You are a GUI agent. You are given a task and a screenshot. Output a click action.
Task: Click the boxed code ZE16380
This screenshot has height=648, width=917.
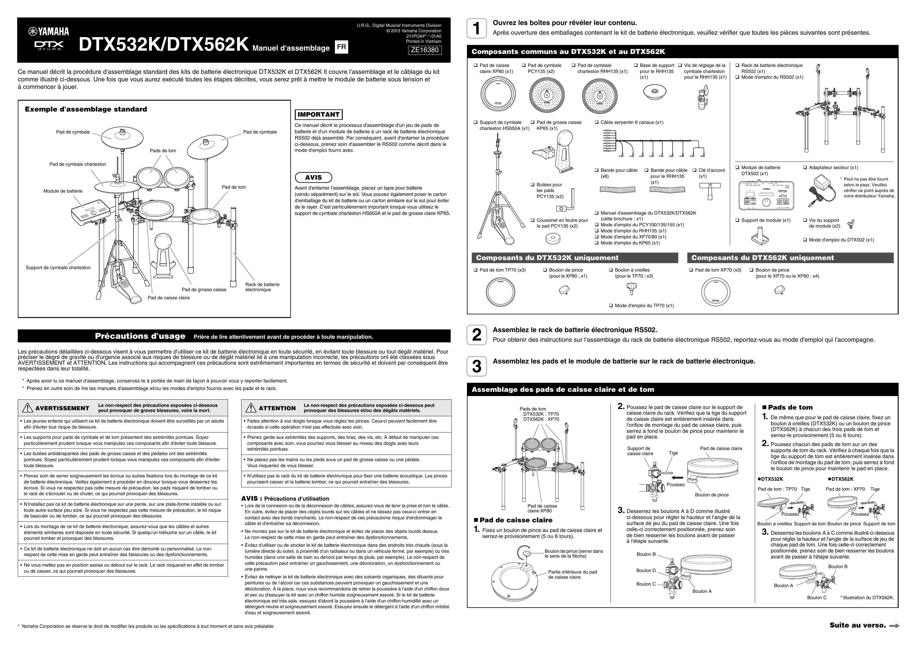(424, 50)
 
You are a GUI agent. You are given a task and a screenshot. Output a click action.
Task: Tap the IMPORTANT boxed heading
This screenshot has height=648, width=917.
(318, 115)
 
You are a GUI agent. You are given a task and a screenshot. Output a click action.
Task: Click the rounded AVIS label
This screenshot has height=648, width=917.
(313, 177)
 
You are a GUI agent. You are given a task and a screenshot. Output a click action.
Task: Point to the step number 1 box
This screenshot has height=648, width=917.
(477, 28)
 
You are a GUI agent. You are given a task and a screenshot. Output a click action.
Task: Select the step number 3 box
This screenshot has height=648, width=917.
(477, 366)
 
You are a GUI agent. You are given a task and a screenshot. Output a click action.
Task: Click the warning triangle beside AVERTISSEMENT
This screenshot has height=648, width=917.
(27, 408)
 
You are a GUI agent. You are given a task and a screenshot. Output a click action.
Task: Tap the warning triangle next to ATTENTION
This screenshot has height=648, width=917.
(251, 408)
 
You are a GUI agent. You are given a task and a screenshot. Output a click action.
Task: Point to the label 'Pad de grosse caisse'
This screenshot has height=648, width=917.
(204, 289)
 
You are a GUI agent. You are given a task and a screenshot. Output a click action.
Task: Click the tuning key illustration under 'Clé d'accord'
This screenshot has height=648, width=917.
(710, 191)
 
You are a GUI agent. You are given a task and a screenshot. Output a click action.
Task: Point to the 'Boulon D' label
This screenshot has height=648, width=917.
(646, 571)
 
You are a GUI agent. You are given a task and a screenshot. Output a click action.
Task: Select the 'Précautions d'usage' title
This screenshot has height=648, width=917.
(140, 336)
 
